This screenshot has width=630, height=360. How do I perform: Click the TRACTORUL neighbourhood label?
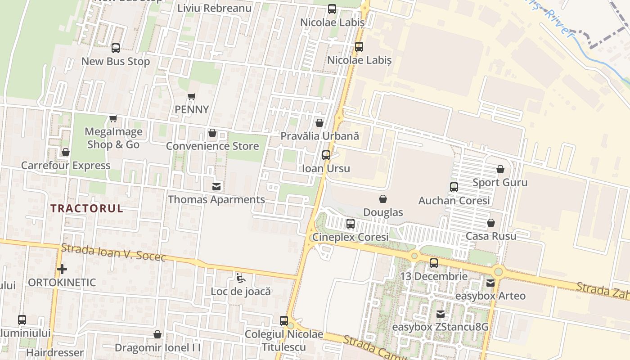[x=86, y=208]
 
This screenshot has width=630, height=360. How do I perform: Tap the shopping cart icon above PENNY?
[x=192, y=96]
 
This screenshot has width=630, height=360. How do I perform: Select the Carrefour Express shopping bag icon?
[x=66, y=153]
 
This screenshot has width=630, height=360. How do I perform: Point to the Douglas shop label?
[x=383, y=212]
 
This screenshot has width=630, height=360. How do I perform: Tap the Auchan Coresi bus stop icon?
[x=454, y=187]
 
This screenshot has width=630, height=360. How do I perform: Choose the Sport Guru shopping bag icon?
[x=500, y=170]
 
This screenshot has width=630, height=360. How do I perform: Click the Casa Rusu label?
[x=491, y=236]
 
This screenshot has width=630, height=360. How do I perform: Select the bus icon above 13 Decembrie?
[x=434, y=263]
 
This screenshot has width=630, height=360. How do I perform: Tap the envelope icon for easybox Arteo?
[x=490, y=283]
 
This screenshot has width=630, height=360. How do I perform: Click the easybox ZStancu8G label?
[x=440, y=327]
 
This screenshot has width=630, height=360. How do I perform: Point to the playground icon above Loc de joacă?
[x=241, y=278]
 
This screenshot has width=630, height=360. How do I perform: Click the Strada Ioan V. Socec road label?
[x=113, y=252]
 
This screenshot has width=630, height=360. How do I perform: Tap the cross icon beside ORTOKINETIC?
[x=62, y=269]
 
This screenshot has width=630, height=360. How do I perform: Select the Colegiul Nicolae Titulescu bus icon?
[x=284, y=321]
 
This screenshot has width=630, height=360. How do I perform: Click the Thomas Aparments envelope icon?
[x=216, y=186]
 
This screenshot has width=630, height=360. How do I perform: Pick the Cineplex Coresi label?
[x=350, y=237]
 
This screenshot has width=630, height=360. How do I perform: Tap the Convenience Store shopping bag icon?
[x=212, y=133]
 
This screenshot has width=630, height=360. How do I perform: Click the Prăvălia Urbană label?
[x=319, y=135]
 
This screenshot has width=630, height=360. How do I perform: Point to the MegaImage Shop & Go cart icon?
[x=113, y=119]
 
